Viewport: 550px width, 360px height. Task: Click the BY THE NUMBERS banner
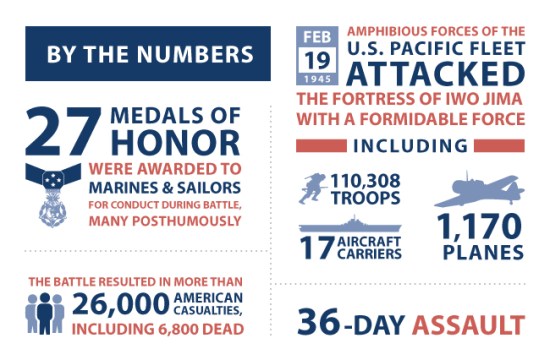[x=147, y=52]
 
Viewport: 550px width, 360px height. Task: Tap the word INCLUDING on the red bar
[x=411, y=146]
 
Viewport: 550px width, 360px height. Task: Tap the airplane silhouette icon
[x=478, y=190]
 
